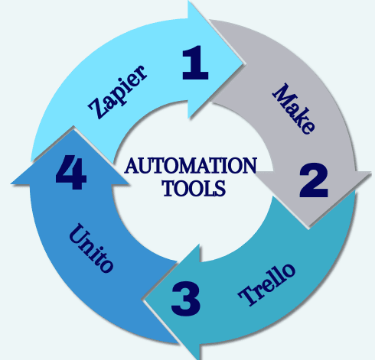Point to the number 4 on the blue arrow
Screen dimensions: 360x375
(x=70, y=174)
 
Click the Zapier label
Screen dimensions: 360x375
(x=117, y=95)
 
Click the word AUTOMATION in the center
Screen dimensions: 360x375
(x=190, y=166)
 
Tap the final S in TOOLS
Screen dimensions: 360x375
(x=221, y=188)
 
